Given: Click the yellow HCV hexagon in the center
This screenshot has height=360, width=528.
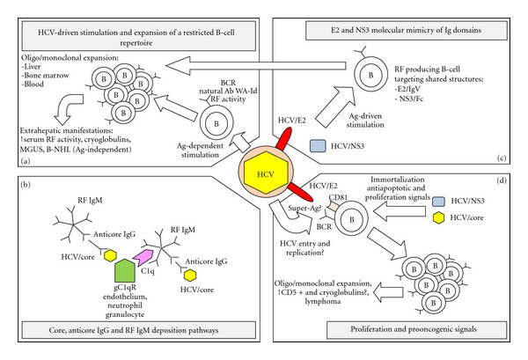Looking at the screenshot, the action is [266, 173].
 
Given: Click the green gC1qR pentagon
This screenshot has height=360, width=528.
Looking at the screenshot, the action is [125, 270].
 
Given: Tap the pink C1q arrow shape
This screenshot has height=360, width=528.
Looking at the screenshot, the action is [143, 258].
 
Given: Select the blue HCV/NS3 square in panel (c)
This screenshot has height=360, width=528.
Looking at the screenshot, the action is [318, 146].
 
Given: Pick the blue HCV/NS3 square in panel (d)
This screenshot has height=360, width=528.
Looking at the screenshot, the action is [438, 202].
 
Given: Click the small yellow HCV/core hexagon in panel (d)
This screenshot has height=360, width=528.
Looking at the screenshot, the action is [438, 218].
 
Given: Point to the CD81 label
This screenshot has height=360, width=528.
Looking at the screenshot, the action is [338, 197].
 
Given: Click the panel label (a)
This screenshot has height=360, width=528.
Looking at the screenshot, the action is [26, 161].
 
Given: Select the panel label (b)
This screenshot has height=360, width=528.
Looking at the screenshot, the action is [26, 185].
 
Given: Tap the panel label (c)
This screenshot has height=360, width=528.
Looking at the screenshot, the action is [502, 158].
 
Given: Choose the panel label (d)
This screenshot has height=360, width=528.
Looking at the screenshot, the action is [502, 180].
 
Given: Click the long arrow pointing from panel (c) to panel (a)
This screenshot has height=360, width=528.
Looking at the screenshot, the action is [256, 66].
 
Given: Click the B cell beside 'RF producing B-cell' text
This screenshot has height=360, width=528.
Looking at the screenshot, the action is [370, 75].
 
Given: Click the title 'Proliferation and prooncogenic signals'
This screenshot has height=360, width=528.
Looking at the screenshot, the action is [414, 329].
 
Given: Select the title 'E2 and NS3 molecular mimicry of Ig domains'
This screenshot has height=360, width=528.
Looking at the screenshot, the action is [406, 30].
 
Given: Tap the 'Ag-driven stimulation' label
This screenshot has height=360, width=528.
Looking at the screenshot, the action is [365, 121].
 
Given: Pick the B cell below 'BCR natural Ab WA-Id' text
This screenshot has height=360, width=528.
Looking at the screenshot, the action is [216, 122].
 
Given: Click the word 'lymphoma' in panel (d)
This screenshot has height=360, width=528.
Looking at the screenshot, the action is [323, 301].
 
